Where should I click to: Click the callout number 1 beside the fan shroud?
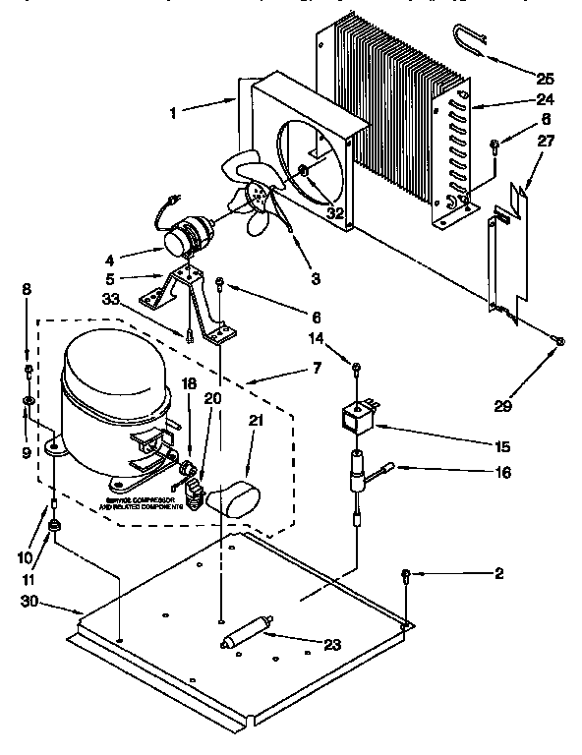(174, 113)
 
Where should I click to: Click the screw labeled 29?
(558, 340)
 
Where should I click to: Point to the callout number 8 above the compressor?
(28, 289)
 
